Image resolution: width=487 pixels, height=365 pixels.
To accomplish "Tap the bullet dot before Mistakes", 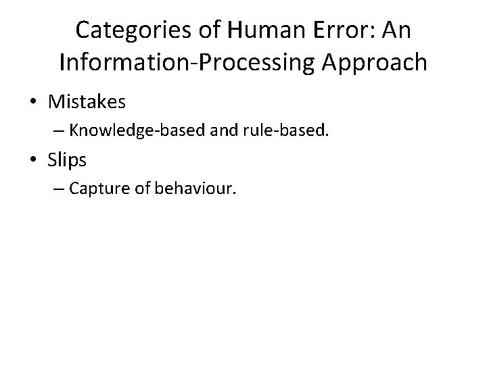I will [x=33, y=103].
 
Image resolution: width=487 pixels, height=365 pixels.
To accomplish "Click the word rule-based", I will [x=277, y=130].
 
